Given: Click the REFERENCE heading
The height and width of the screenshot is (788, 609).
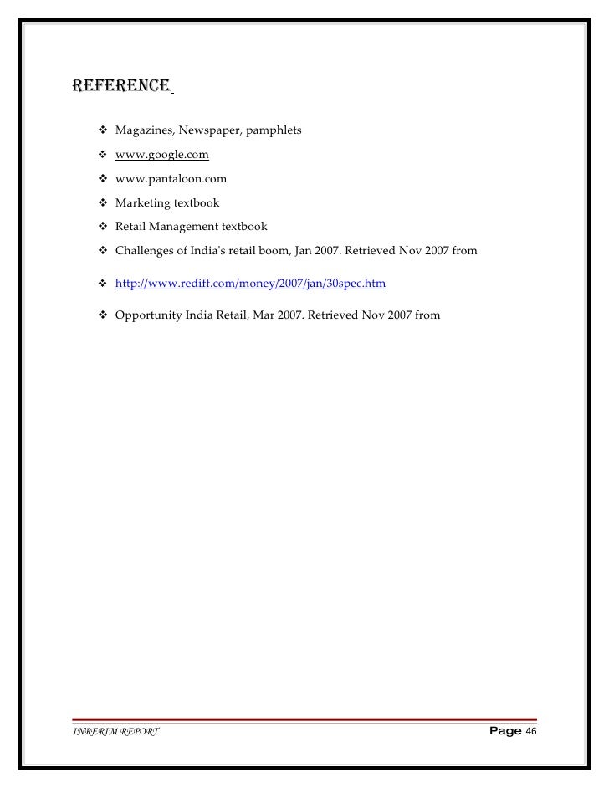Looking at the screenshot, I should tap(122, 85).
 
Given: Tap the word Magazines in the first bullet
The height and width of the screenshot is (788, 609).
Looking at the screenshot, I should tap(142, 131).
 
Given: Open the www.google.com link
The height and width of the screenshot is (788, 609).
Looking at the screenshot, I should tap(161, 155).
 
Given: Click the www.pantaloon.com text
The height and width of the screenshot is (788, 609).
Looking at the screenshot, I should tap(171, 178).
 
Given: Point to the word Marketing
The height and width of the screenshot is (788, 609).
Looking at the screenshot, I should tap(142, 202).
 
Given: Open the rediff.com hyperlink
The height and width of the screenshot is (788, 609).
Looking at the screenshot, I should tap(250, 284).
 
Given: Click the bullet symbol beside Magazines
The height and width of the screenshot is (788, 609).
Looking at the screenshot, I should tap(103, 131).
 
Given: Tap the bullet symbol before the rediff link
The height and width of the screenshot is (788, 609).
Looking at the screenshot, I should tap(103, 284).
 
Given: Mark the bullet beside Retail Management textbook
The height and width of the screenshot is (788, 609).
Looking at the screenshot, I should tap(103, 225).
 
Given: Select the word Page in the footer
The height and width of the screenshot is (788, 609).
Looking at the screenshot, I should tap(504, 731).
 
